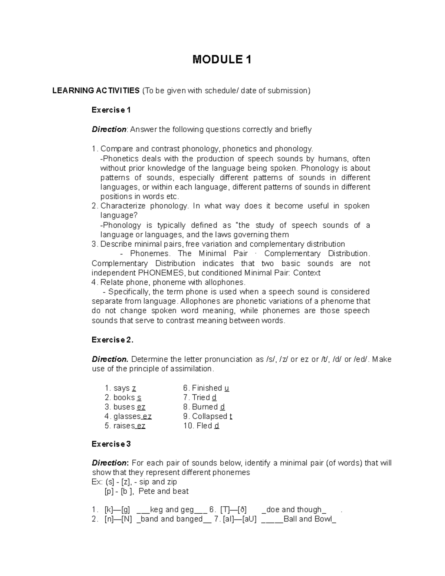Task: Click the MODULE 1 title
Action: coord(222,59)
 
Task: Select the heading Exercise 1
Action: coord(111,110)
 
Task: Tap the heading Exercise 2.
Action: coord(112,340)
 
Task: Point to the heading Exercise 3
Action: coord(111,444)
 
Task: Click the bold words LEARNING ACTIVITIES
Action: coord(96,91)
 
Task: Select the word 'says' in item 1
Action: coord(121,388)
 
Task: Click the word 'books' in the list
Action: coord(124,398)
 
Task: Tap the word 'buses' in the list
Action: coord(124,407)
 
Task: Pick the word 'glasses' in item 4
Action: coord(127,417)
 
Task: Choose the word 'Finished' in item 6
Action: coord(207,388)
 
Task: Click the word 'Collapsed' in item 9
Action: coord(210,417)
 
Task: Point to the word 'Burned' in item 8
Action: coord(205,407)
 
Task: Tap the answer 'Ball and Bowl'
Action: coord(308,519)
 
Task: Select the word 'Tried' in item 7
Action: coord(201,398)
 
